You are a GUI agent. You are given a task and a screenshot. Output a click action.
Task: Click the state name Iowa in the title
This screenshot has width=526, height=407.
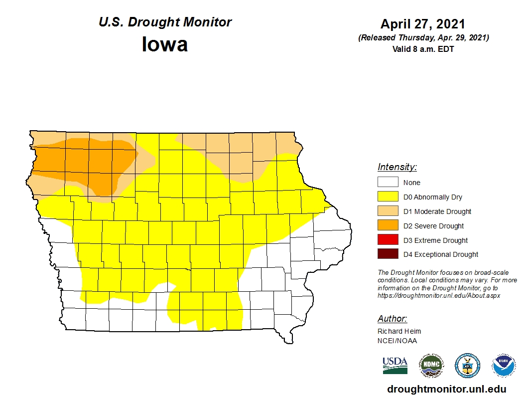(x=165, y=44)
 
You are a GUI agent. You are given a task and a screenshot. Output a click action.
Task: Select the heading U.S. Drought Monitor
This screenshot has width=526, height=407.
(x=165, y=22)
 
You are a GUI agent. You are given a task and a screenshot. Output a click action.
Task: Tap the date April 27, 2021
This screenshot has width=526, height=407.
(x=423, y=24)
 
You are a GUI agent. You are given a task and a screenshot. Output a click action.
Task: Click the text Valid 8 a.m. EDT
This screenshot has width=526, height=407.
(x=423, y=49)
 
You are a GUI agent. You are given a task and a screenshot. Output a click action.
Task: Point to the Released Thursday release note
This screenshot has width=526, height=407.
(x=423, y=38)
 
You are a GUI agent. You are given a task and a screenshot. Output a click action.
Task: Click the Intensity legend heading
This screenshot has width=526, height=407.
(x=397, y=167)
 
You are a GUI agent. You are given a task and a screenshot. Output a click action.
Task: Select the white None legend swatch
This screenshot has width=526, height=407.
(x=388, y=183)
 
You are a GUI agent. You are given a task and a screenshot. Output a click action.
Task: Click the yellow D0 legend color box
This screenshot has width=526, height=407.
(x=388, y=197)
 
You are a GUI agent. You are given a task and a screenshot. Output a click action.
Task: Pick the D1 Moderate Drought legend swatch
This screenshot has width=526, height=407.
(x=388, y=211)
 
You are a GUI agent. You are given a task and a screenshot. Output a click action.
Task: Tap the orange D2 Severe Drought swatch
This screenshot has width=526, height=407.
(x=388, y=226)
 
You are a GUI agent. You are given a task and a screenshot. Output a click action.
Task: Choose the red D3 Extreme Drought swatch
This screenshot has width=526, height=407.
(x=388, y=240)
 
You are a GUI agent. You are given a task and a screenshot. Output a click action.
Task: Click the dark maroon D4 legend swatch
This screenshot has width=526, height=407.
(x=388, y=254)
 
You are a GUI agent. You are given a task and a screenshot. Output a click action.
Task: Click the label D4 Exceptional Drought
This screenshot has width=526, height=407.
(x=441, y=254)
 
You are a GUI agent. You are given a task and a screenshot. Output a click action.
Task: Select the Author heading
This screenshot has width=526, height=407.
(x=392, y=319)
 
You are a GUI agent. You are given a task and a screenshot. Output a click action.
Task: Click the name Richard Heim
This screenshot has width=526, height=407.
(x=399, y=331)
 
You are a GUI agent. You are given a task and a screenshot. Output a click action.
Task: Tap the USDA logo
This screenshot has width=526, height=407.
(x=395, y=365)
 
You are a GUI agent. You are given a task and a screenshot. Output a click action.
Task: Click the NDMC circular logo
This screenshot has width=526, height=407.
(x=431, y=366)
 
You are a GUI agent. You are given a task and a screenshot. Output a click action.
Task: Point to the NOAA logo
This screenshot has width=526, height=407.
(x=504, y=366)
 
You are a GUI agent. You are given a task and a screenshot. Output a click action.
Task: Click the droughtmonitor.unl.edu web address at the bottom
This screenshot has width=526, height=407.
(x=446, y=390)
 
